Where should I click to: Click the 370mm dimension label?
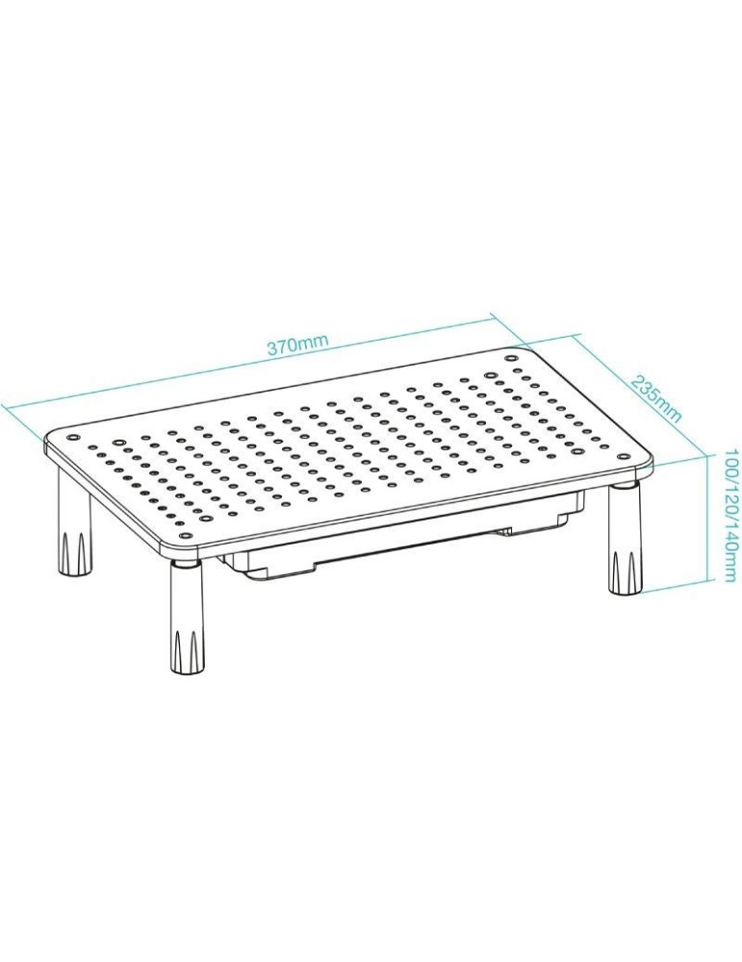coord(298,345)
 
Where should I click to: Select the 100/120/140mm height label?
coord(729,515)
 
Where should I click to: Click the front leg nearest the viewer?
coord(187,616)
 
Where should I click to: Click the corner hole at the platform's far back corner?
coord(512,355)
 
